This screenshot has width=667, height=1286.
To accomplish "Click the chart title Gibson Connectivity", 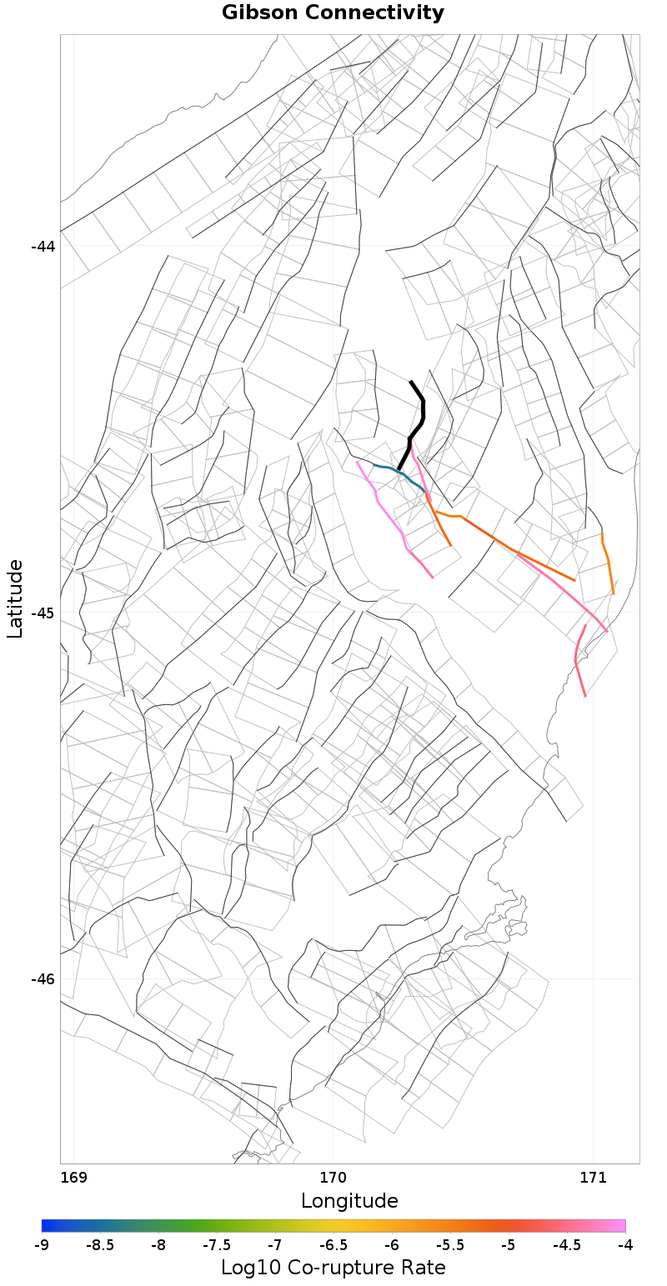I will [x=333, y=13].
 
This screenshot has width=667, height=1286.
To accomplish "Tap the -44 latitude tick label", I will [x=43, y=247].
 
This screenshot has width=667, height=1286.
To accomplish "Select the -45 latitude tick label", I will [x=43, y=613].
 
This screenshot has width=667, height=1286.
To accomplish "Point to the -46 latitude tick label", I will [x=43, y=979].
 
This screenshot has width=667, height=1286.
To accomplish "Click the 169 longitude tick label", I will [x=74, y=1178].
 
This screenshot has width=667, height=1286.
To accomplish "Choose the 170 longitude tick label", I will [x=333, y=1178].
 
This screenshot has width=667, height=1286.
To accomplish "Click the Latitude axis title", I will [x=15, y=598].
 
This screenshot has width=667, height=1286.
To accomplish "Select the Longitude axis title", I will [x=349, y=1201].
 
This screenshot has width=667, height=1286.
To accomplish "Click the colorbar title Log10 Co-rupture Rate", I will [x=333, y=1268].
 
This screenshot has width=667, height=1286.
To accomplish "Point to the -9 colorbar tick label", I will [x=42, y=1245].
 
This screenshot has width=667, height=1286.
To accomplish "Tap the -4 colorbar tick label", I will [x=625, y=1245].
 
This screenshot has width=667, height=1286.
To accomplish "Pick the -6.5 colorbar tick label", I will [x=333, y=1245].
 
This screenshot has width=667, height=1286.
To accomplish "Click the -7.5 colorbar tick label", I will [x=217, y=1245].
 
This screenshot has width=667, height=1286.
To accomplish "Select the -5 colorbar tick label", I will [x=509, y=1245].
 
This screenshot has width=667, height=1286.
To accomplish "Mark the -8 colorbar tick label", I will [x=158, y=1245].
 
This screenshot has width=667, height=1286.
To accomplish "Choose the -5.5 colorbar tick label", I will [x=450, y=1245].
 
